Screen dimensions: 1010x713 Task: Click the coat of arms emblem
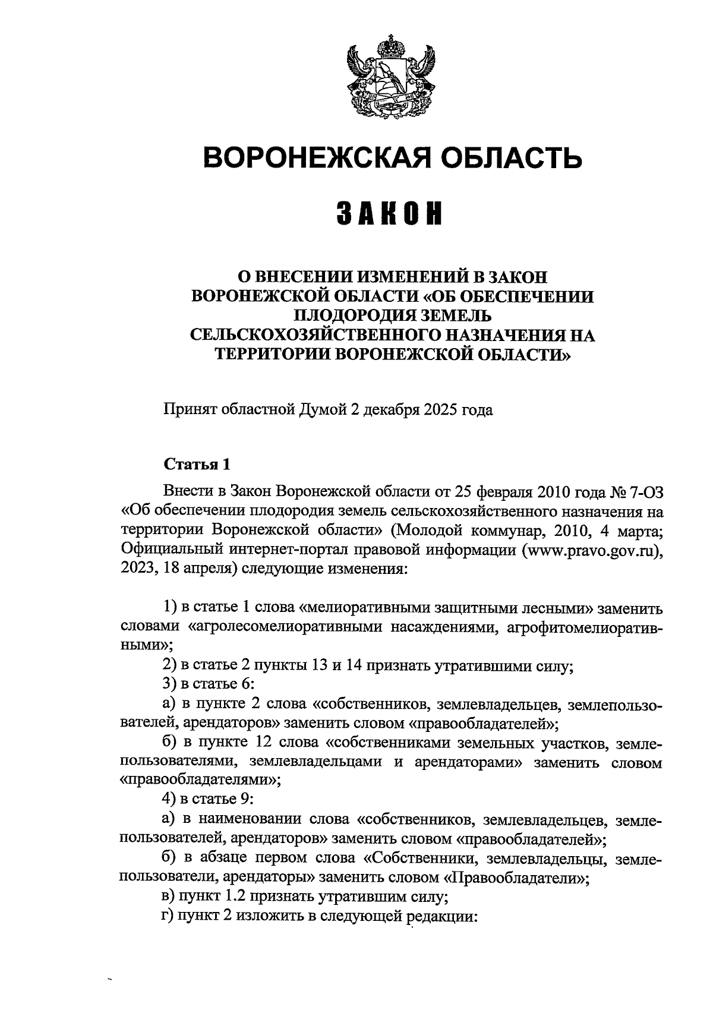[390, 75]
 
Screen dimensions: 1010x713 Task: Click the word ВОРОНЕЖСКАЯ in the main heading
[312, 158]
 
